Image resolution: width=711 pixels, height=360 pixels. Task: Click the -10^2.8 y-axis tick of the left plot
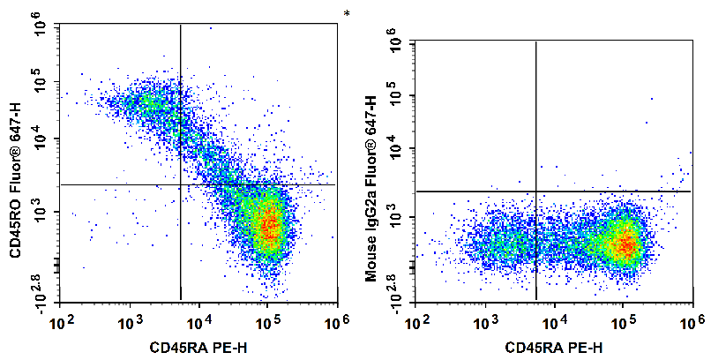point(39,291)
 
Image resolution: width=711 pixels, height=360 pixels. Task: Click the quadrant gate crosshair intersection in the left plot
point(180,184)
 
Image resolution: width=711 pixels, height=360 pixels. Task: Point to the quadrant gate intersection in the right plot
point(536,191)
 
